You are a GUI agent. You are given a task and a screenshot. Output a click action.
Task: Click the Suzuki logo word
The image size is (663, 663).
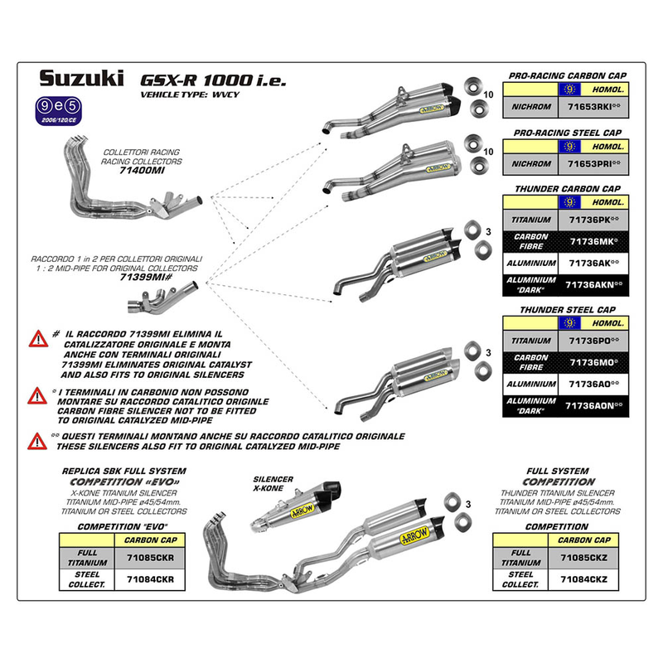81,80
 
